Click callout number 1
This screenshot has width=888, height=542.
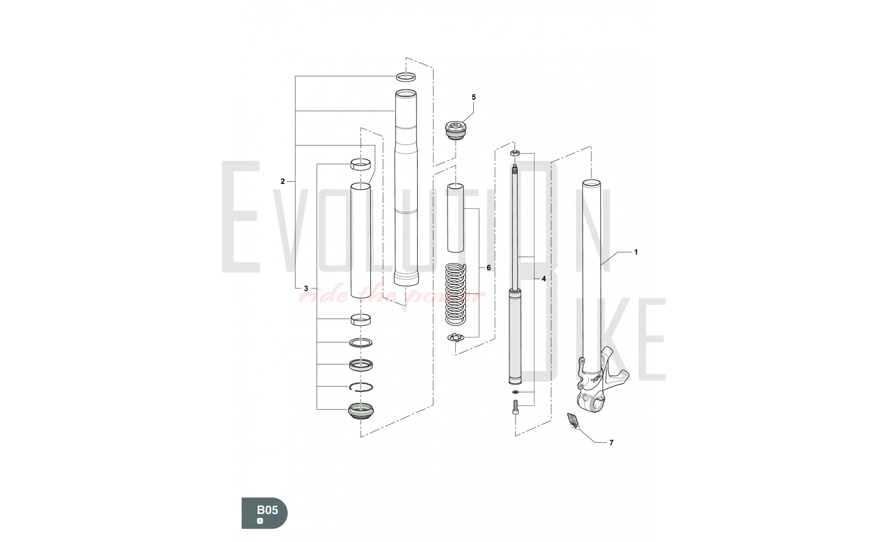point(636,252)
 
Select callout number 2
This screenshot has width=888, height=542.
point(282,181)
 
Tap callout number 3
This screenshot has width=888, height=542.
point(306,288)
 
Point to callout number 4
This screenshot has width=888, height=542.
point(543,279)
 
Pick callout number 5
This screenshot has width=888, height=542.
point(473,97)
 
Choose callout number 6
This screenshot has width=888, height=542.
point(488,268)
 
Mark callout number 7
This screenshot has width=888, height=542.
point(611,442)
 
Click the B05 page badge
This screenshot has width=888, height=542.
point(265,513)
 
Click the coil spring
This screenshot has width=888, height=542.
point(456,293)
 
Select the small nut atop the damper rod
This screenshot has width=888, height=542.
point(515,153)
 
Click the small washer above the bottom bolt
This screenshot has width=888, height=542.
point(515,392)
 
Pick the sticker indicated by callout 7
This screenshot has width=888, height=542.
point(573,421)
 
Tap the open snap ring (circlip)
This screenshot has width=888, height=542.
point(361,387)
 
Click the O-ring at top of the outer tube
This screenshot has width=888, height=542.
point(406,76)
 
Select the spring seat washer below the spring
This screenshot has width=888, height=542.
point(456,338)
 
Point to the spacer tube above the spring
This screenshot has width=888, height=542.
point(455,217)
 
